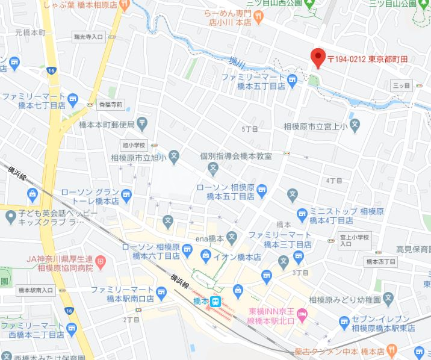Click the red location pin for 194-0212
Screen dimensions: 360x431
[x=317, y=58]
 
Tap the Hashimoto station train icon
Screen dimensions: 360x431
[x=215, y=302]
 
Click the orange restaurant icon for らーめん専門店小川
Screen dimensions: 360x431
[x=259, y=18]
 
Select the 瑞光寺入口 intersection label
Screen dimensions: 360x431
[x=88, y=37]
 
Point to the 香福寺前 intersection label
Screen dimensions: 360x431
[x=111, y=104]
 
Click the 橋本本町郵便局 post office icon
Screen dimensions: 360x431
[x=141, y=125]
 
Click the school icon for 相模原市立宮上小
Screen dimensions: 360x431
[x=355, y=127]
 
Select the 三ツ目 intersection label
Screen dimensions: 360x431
[x=401, y=86]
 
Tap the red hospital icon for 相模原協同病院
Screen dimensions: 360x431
[x=100, y=262]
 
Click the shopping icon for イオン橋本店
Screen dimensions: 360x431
[x=206, y=257]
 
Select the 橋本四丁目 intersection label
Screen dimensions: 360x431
[x=380, y=261]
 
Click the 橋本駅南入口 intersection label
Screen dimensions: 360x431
[x=36, y=290]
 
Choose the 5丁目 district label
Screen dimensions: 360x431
[x=249, y=129]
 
